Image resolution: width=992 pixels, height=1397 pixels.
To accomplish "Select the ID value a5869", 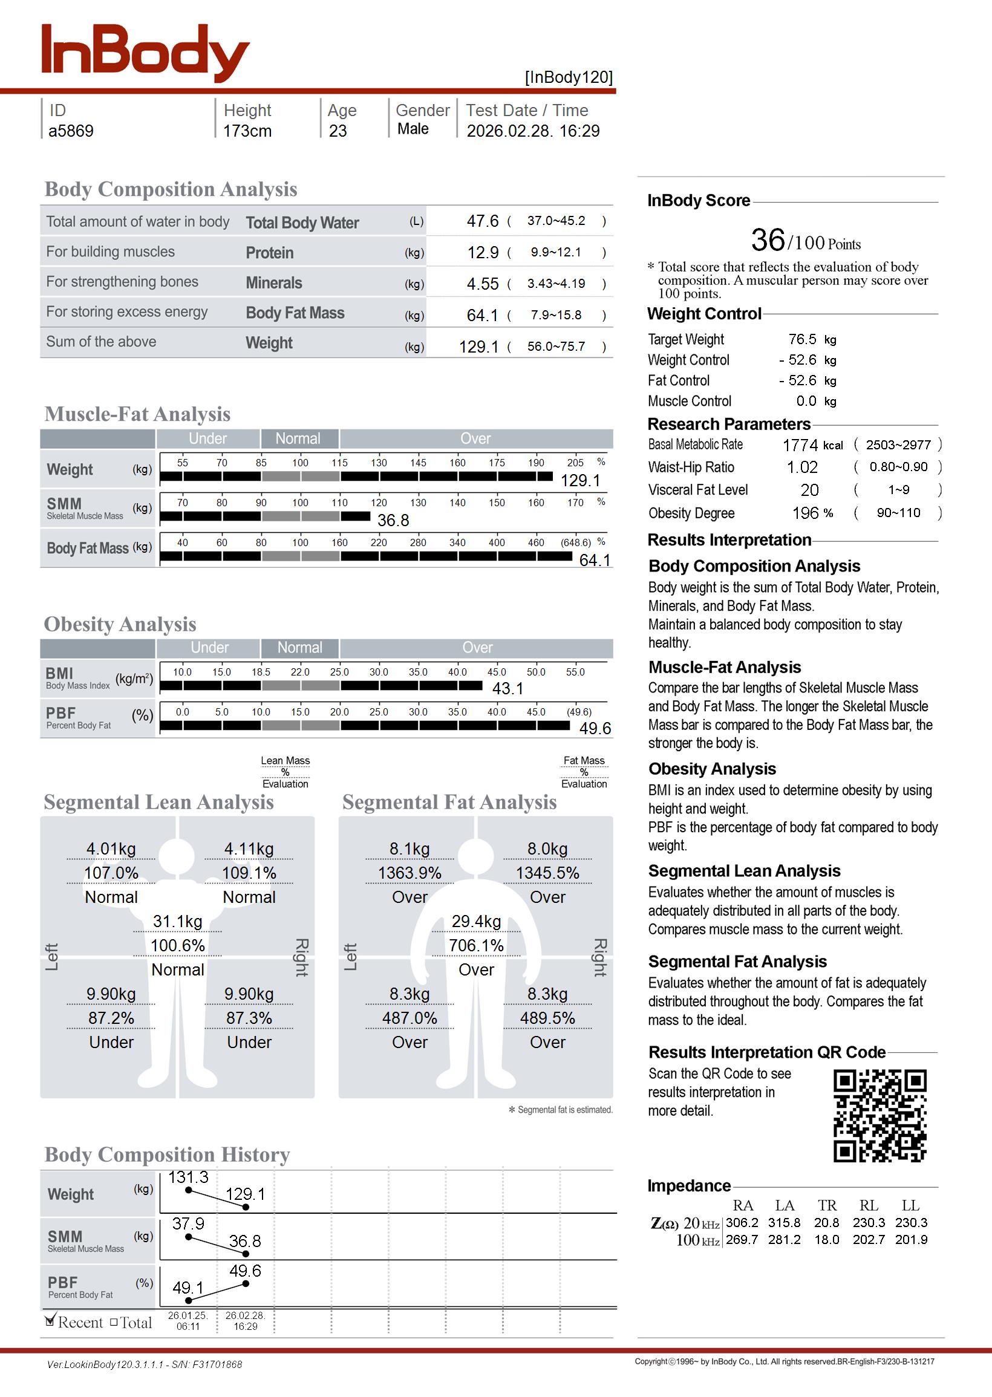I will pyautogui.click(x=71, y=131).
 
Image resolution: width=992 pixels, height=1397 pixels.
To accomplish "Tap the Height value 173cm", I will pyautogui.click(x=247, y=131).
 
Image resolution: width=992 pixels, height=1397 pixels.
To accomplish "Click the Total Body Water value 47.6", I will pyautogui.click(x=483, y=221).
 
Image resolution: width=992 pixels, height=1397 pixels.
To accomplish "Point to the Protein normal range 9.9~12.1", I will pyautogui.click(x=555, y=252).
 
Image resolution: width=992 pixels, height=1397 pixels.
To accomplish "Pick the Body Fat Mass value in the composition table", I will pyautogui.click(x=483, y=316).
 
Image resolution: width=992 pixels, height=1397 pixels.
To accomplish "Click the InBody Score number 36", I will pyautogui.click(x=768, y=240).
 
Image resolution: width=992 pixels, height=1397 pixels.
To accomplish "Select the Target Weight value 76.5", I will pyautogui.click(x=802, y=339).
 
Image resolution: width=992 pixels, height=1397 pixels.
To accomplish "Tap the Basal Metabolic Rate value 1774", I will pyautogui.click(x=800, y=445).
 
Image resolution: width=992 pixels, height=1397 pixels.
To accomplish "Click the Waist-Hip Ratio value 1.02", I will pyautogui.click(x=801, y=467).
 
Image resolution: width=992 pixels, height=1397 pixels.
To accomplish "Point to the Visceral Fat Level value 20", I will pyautogui.click(x=809, y=490).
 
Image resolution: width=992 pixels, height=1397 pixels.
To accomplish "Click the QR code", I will pyautogui.click(x=879, y=1116).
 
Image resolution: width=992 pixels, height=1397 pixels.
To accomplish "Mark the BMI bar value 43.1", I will pyautogui.click(x=507, y=689).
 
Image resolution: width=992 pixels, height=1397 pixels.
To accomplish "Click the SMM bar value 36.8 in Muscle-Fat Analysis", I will pyautogui.click(x=393, y=521).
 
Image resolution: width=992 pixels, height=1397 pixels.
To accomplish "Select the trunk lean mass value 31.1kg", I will pyautogui.click(x=177, y=922).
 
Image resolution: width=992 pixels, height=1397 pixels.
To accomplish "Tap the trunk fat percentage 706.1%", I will pyautogui.click(x=476, y=946).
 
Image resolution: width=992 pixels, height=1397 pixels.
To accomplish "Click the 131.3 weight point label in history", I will pyautogui.click(x=188, y=1177).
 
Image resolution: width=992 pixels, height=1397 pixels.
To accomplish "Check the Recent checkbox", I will pyautogui.click(x=50, y=1321).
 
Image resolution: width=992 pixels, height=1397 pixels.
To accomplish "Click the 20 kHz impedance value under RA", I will pyautogui.click(x=742, y=1223).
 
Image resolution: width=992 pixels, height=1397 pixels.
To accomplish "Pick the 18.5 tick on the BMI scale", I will pyautogui.click(x=261, y=672).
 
